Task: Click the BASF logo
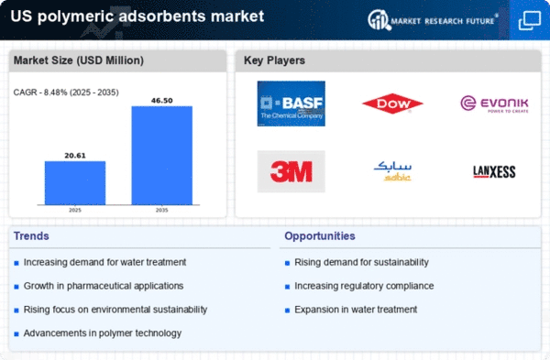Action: [291, 104]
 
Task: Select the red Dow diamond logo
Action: [392, 104]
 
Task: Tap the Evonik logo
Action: [494, 104]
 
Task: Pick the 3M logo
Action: [291, 171]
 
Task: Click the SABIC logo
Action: [392, 171]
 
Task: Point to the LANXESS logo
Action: [494, 172]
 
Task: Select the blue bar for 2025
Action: [75, 182]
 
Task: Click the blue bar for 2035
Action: [161, 156]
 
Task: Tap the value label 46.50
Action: [161, 101]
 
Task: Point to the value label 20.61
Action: [75, 156]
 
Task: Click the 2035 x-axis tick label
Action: [161, 210]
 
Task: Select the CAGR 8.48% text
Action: [66, 93]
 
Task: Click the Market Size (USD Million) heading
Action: [79, 60]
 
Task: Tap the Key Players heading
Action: [274, 60]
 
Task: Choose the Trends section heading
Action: [31, 236]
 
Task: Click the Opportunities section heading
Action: [320, 236]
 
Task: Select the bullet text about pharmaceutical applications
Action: [104, 286]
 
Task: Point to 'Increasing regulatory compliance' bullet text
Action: [364, 286]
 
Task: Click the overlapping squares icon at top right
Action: [530, 20]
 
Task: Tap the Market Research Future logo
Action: [433, 20]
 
